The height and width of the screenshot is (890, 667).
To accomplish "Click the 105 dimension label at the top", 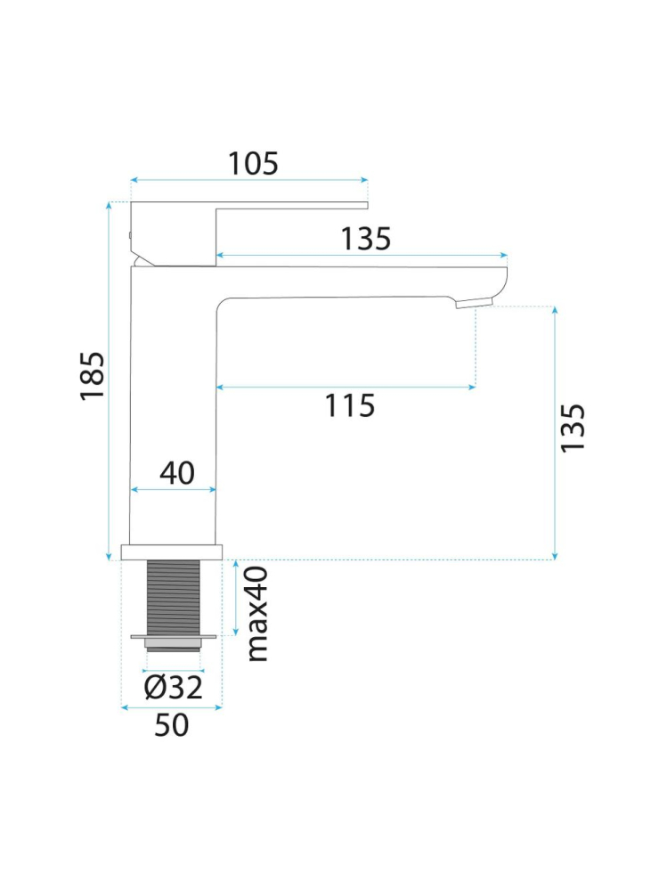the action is pos(253,163).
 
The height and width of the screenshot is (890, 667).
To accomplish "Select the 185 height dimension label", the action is pos(93,376).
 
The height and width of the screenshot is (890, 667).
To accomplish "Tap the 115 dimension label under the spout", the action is pos(349,406).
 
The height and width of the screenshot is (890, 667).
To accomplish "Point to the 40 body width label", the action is pos(177,473).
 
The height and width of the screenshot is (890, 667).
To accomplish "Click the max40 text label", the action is pos(257,614).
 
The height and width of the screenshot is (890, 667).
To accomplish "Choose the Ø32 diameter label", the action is pos(173,688).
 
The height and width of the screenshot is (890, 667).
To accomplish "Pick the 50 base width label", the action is pos(171,725).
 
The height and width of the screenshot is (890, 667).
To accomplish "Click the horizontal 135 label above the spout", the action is pos(366,239).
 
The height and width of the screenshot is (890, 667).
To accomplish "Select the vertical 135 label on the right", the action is pos(573,428).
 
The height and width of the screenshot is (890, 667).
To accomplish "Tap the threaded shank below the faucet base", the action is pos(174,597).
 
